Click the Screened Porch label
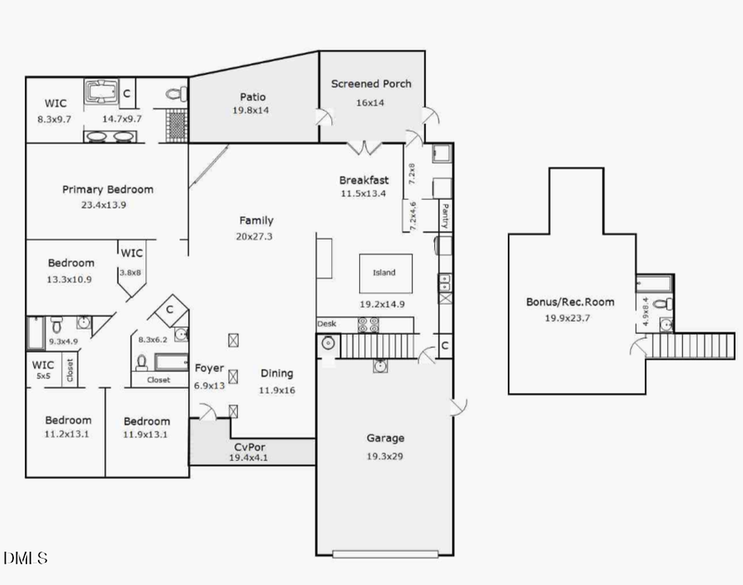(x=371, y=83)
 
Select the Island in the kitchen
(x=384, y=273)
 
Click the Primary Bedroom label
(x=107, y=189)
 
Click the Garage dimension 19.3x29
(x=385, y=455)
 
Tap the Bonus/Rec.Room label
(x=570, y=302)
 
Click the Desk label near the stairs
(x=326, y=324)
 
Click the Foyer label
(x=209, y=368)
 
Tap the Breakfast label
(x=363, y=180)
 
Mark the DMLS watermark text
(x=26, y=559)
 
